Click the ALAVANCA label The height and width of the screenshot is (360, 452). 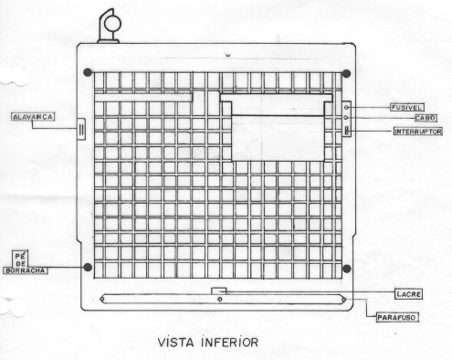pyautogui.click(x=33, y=117)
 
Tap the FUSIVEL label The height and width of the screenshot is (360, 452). pyautogui.click(x=407, y=108)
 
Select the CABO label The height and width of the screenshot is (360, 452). pyautogui.click(x=426, y=118)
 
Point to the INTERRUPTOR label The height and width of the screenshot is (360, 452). pyautogui.click(x=418, y=132)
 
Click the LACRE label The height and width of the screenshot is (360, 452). pyautogui.click(x=408, y=294)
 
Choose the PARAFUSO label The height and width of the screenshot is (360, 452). pyautogui.click(x=396, y=318)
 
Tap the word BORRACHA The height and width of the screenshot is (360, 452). pyautogui.click(x=26, y=270)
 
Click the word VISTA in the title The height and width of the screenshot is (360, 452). pyautogui.click(x=176, y=343)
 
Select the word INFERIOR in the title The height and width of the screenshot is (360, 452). pyautogui.click(x=229, y=343)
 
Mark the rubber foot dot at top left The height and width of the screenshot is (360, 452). pyautogui.click(x=88, y=72)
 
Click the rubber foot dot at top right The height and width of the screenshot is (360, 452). pyautogui.click(x=346, y=73)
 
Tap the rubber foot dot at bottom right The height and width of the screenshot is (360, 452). pyautogui.click(x=347, y=269)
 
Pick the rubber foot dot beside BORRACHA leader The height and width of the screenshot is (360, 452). pyautogui.click(x=88, y=267)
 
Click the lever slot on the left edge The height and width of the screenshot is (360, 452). pyautogui.click(x=81, y=129)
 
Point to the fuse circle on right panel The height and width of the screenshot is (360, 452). pyautogui.click(x=346, y=108)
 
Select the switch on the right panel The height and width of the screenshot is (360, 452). pyautogui.click(x=347, y=131)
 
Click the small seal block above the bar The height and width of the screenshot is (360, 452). pyautogui.click(x=219, y=291)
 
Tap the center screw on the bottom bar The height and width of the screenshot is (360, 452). pyautogui.click(x=220, y=300)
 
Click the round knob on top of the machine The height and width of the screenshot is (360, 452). pyautogui.click(x=112, y=24)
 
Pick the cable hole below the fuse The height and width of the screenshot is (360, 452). pyautogui.click(x=346, y=118)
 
